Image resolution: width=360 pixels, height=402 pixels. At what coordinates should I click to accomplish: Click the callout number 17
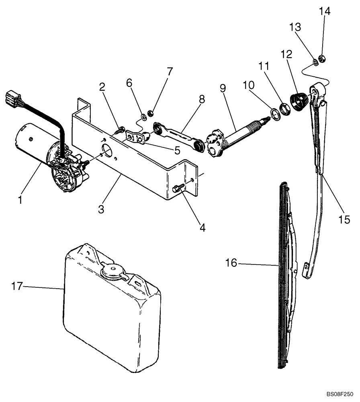pos(16,286)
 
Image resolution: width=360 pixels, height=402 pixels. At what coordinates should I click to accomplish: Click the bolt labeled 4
pos(178,188)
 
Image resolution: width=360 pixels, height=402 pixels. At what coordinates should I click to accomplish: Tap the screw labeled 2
pos(119,130)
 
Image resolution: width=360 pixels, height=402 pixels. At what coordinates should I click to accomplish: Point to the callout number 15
pos(344,219)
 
